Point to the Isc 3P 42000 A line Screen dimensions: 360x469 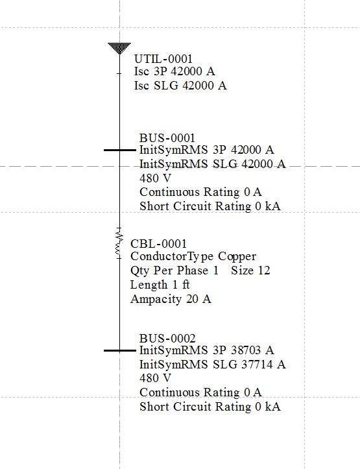[x=174, y=71]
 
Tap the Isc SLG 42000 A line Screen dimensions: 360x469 [x=180, y=86]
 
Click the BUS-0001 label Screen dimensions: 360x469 [x=167, y=138]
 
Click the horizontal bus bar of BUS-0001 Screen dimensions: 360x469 [x=119, y=150]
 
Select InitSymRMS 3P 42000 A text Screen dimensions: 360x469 [x=207, y=150]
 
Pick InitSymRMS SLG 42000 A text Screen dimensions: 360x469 [x=213, y=164]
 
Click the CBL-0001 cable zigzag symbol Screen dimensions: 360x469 [x=119, y=243]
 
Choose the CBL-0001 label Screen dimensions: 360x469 [x=158, y=244]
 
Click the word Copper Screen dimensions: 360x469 [x=237, y=257]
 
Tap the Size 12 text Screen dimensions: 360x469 [x=250, y=271]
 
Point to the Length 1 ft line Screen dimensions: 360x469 [x=160, y=285]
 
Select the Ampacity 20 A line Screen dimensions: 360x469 [x=171, y=299]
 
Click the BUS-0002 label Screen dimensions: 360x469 [x=167, y=339]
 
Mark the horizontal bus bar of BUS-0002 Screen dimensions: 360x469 [x=119, y=350]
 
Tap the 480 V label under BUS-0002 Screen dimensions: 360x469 [x=155, y=378]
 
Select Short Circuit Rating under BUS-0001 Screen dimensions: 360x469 [x=195, y=206]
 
